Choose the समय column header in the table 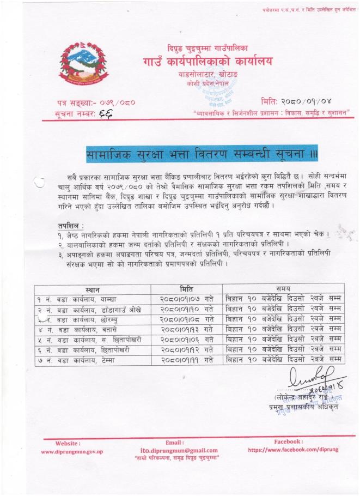(283, 288)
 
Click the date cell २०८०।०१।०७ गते (186, 299)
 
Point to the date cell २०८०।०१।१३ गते (186, 329)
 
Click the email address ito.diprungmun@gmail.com (175, 450)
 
